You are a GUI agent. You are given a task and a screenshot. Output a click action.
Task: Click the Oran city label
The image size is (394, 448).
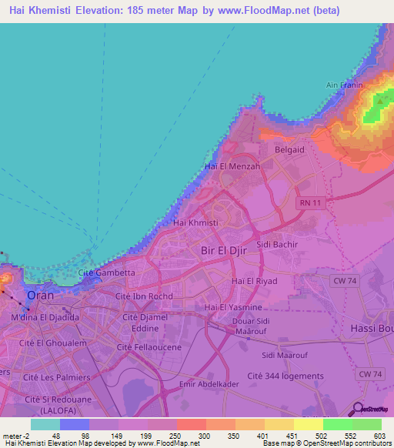click(41, 295)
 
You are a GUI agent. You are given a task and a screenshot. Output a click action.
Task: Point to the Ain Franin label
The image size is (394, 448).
click(344, 85)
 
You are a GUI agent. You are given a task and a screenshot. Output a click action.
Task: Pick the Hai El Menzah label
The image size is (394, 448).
click(232, 166)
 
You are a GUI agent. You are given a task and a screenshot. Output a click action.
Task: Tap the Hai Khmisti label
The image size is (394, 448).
click(196, 222)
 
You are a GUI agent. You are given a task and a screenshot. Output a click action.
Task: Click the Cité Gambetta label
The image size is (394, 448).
click(107, 272)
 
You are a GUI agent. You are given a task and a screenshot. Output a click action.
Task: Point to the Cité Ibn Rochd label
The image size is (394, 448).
click(144, 296)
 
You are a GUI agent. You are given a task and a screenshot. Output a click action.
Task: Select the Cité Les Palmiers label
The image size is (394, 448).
click(56, 377)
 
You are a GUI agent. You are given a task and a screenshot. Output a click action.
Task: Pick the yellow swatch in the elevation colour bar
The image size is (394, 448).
click(309, 424)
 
